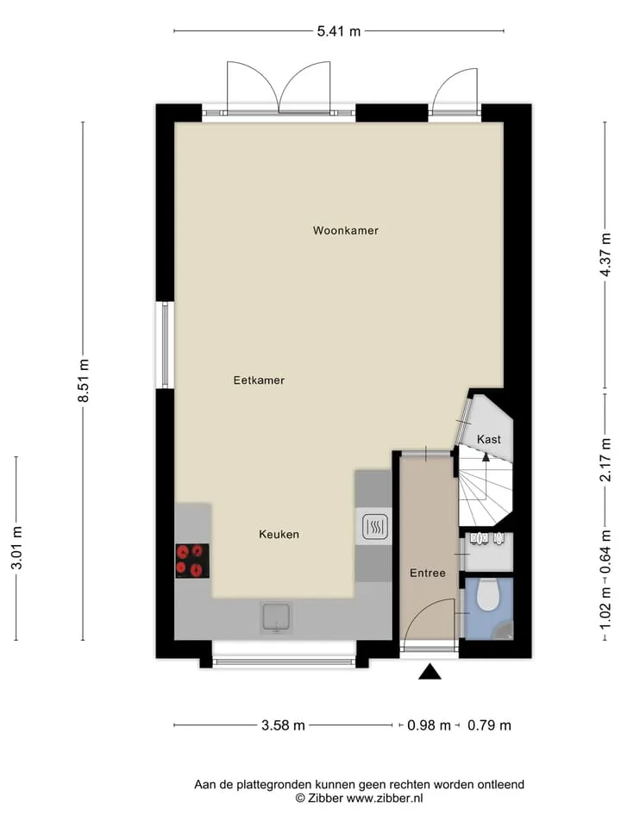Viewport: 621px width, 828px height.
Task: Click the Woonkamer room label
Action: pos(345,230)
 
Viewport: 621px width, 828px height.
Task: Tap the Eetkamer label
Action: pos(259,380)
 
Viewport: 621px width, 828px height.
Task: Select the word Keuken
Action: pos(279,535)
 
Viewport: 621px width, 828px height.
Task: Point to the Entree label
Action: pos(428,573)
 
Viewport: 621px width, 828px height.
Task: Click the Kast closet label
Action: pos(488,439)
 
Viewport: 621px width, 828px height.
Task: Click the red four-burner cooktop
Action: pos(192,561)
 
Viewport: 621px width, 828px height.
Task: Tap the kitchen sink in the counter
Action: pos(276,618)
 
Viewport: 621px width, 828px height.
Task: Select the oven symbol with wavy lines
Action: pos(375,526)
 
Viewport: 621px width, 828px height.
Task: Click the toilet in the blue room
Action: pos(488,594)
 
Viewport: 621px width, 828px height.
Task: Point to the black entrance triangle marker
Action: pos(430,672)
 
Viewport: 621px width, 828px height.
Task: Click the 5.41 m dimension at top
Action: pos(338,31)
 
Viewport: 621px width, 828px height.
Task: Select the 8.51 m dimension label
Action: pos(83,380)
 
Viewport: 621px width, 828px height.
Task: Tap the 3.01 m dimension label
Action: pos(16,548)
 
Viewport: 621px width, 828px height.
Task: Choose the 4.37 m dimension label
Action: pos(605,254)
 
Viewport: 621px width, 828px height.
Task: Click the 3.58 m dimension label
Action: pos(283,725)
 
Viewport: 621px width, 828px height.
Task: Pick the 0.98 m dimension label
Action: pos(429,725)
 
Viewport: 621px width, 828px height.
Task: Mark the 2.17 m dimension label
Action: pos(605,460)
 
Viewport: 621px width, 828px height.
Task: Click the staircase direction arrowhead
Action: pos(486,457)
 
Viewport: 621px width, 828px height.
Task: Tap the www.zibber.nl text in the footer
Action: pos(385,798)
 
